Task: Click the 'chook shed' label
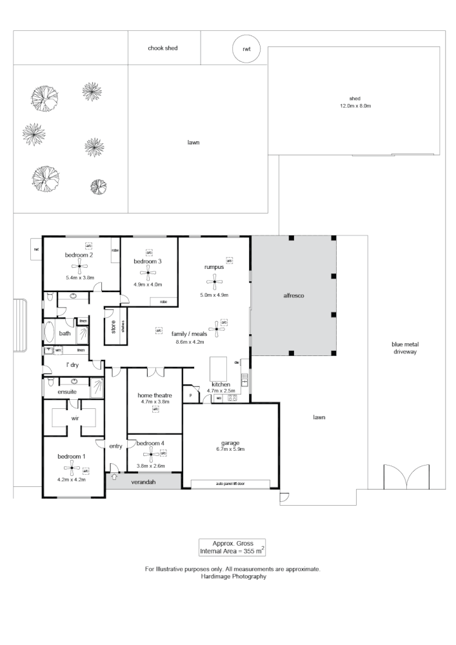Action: click(x=163, y=48)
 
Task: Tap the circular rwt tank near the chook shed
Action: click(x=246, y=49)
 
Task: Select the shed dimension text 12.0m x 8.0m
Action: click(x=356, y=106)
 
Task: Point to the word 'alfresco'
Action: click(x=293, y=295)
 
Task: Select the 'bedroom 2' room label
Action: click(x=79, y=255)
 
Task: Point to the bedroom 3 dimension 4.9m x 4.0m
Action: click(x=148, y=284)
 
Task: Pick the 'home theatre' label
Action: click(x=155, y=395)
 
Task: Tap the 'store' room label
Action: click(x=113, y=328)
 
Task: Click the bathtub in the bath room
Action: click(x=50, y=333)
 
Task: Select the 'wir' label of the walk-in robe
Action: click(x=74, y=418)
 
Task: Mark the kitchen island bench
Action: click(x=218, y=369)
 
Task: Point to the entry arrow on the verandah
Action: click(x=115, y=477)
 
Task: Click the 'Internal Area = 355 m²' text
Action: click(x=232, y=551)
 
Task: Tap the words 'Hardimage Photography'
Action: click(x=232, y=577)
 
